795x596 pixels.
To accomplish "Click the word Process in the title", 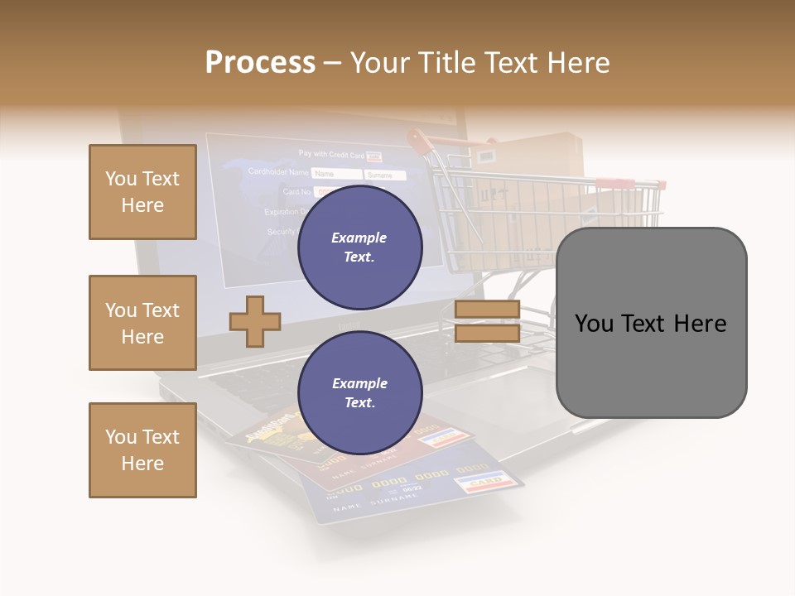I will click(x=260, y=62).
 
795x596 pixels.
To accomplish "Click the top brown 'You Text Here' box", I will click(x=142, y=192).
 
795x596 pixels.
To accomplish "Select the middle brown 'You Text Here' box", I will click(x=142, y=323).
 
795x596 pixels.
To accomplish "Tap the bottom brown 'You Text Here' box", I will click(x=142, y=450).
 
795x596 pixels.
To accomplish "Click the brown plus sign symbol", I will click(x=255, y=321).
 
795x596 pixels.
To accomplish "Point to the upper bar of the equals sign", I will click(x=487, y=310).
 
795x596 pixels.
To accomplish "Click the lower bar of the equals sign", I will click(x=487, y=334).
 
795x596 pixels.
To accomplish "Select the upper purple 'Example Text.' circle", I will click(x=359, y=247).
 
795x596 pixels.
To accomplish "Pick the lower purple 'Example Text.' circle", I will click(x=359, y=392).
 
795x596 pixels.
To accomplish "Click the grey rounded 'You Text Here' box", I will click(x=651, y=323).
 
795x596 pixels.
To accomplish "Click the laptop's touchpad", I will click(x=489, y=406).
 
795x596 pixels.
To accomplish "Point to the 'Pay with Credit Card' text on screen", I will click(x=331, y=155).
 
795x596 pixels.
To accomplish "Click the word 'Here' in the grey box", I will click(x=701, y=323).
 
